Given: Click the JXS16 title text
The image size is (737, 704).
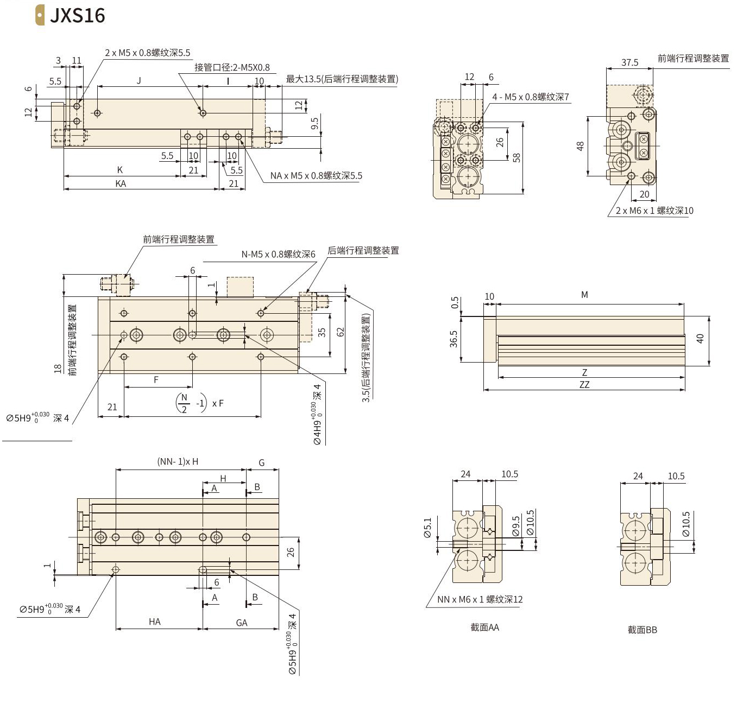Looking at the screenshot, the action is (77, 16).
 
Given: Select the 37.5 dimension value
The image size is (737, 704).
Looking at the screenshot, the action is (629, 62).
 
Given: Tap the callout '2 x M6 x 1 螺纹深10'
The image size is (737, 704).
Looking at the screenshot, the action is (654, 211).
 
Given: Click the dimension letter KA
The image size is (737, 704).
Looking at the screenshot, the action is (121, 183).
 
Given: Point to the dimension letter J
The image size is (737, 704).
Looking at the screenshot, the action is (139, 81).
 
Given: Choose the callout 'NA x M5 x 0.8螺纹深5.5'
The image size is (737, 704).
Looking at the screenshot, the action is (316, 176).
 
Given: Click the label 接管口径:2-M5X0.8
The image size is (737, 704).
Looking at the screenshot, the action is (232, 67).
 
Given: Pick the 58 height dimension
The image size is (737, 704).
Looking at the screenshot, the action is (516, 158).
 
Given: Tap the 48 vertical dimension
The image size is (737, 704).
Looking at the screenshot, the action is (580, 146).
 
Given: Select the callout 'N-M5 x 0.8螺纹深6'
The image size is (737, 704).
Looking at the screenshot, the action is (278, 255).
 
